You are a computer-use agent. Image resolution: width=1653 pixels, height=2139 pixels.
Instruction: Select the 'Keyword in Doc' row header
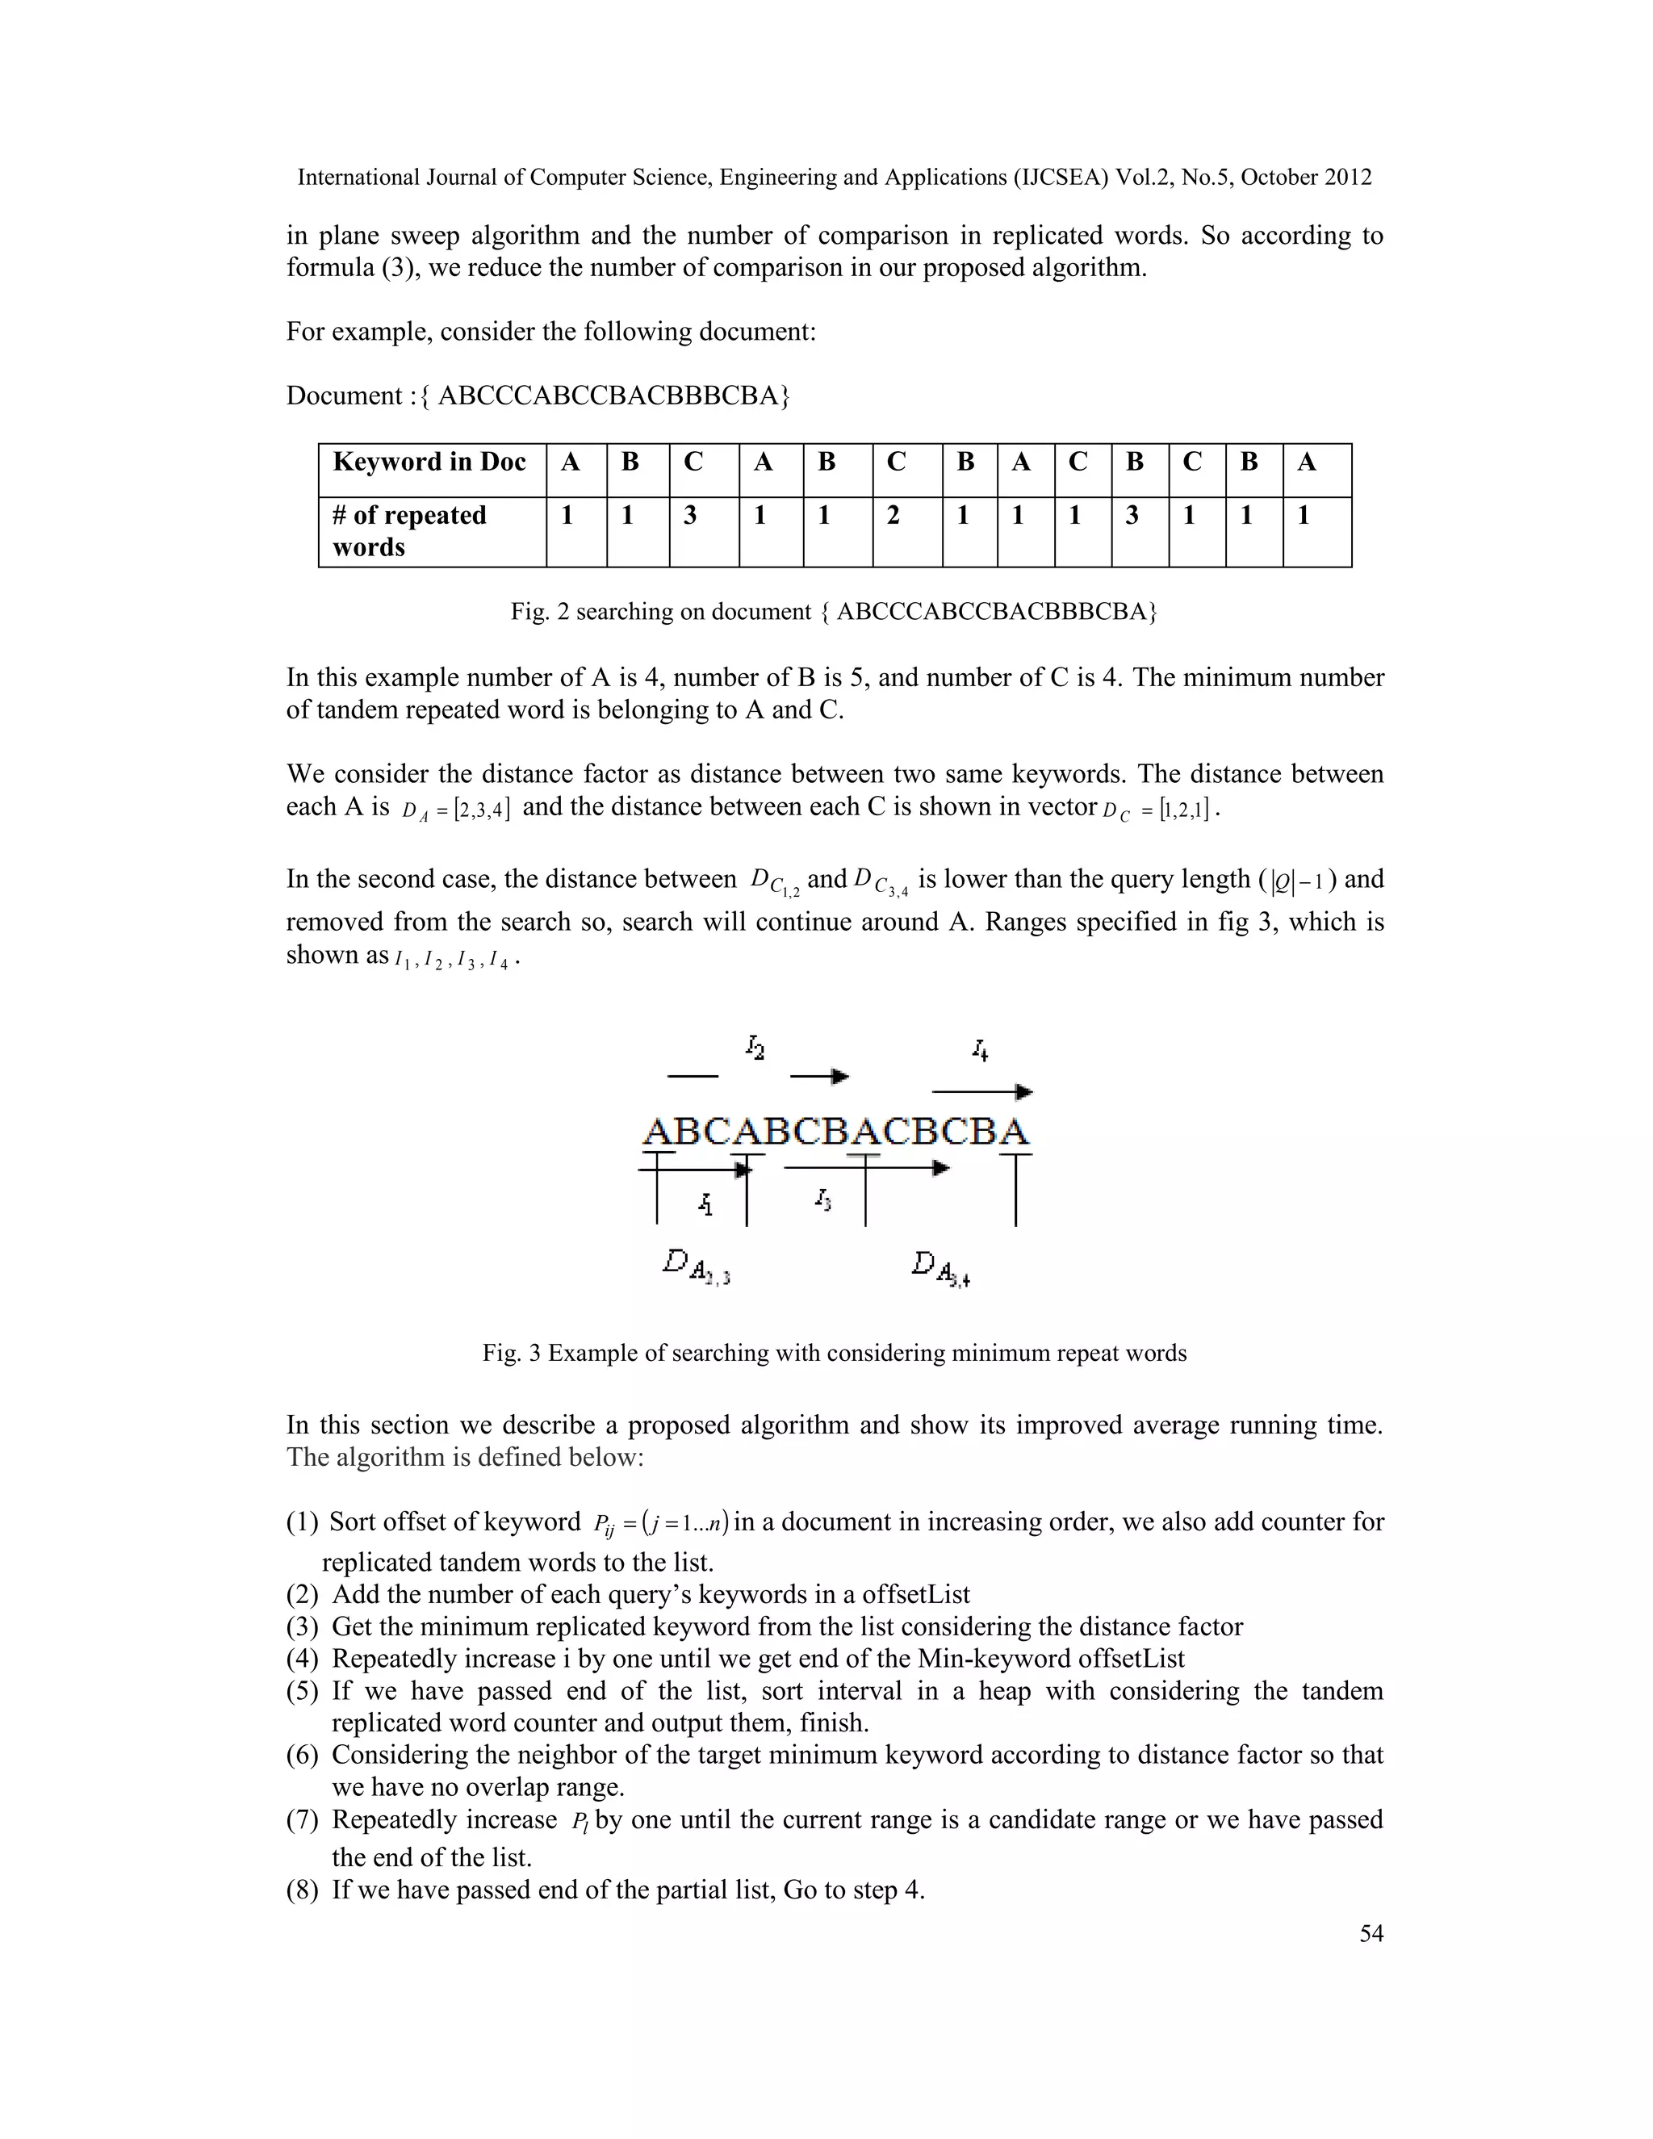pos(431,463)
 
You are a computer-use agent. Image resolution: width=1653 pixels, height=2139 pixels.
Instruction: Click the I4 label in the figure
pos(980,1051)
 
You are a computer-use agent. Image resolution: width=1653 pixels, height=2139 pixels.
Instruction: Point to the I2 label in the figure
pos(755,1048)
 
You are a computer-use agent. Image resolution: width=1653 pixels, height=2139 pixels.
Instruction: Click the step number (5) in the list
pos(303,1691)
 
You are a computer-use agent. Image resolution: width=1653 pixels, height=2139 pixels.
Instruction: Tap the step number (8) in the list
pos(303,1890)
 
